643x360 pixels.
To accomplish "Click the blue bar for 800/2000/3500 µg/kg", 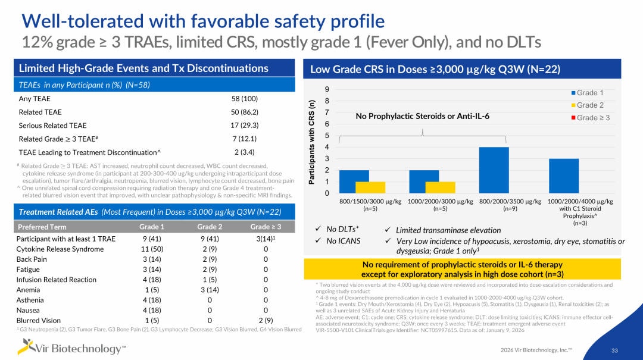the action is point(494,170).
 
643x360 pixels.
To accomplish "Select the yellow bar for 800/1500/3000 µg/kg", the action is point(370,187).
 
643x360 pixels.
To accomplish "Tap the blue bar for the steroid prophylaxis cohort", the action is point(564,176).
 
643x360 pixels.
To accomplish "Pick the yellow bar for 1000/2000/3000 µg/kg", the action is point(441,187).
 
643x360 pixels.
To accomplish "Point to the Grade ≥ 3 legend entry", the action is point(591,118).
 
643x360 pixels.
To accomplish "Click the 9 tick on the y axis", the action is point(327,89).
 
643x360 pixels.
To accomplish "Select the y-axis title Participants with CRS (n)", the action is point(311,142).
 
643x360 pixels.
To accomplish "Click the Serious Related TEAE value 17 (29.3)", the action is point(245,126).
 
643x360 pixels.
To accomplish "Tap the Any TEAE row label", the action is point(35,99).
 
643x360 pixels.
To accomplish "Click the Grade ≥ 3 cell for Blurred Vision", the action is point(266,321).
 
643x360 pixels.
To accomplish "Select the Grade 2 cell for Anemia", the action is point(210,290).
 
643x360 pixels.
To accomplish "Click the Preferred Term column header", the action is point(42,227).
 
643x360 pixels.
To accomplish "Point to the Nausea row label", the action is point(28,311).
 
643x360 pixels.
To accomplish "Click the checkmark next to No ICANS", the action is point(318,240).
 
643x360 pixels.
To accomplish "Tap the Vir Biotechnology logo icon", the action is point(25,346).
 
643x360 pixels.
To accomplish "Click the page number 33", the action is point(614,350).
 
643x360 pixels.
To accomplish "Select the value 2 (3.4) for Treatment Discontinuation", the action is point(245,152).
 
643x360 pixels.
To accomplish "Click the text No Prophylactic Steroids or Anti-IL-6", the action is point(422,117).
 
